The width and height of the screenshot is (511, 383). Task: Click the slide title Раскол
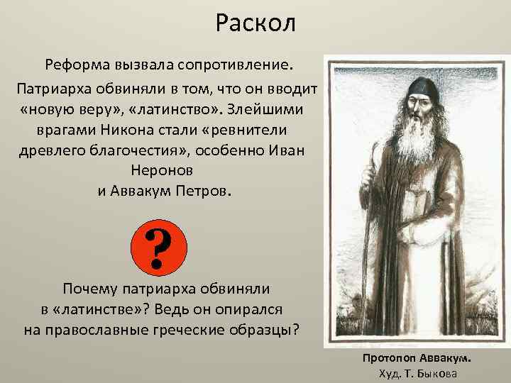click(x=255, y=23)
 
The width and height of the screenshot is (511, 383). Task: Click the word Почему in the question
click(x=89, y=289)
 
